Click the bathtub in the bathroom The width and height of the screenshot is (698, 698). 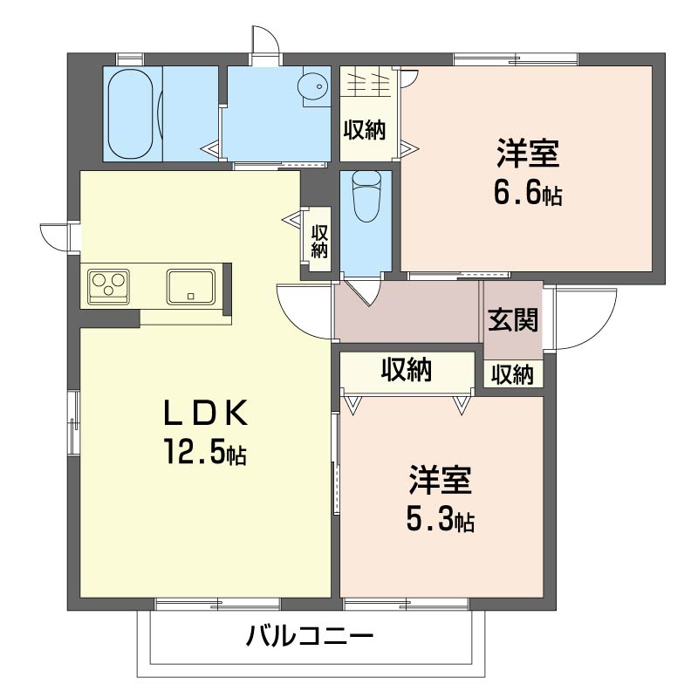[134, 113]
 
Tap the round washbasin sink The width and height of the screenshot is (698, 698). [312, 86]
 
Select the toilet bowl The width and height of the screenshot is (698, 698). [366, 195]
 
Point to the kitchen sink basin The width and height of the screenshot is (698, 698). [190, 287]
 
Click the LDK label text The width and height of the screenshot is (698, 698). [205, 414]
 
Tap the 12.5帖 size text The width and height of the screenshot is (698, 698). [205, 451]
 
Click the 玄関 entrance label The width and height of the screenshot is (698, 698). [513, 319]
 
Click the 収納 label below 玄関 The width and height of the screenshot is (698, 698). [512, 374]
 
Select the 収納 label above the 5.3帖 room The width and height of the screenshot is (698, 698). [407, 369]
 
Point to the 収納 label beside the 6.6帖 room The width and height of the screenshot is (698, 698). [365, 130]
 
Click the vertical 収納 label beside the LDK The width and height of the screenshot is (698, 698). [319, 241]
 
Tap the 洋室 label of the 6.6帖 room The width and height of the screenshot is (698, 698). [528, 154]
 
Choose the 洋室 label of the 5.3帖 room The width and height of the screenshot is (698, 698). [441, 481]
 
